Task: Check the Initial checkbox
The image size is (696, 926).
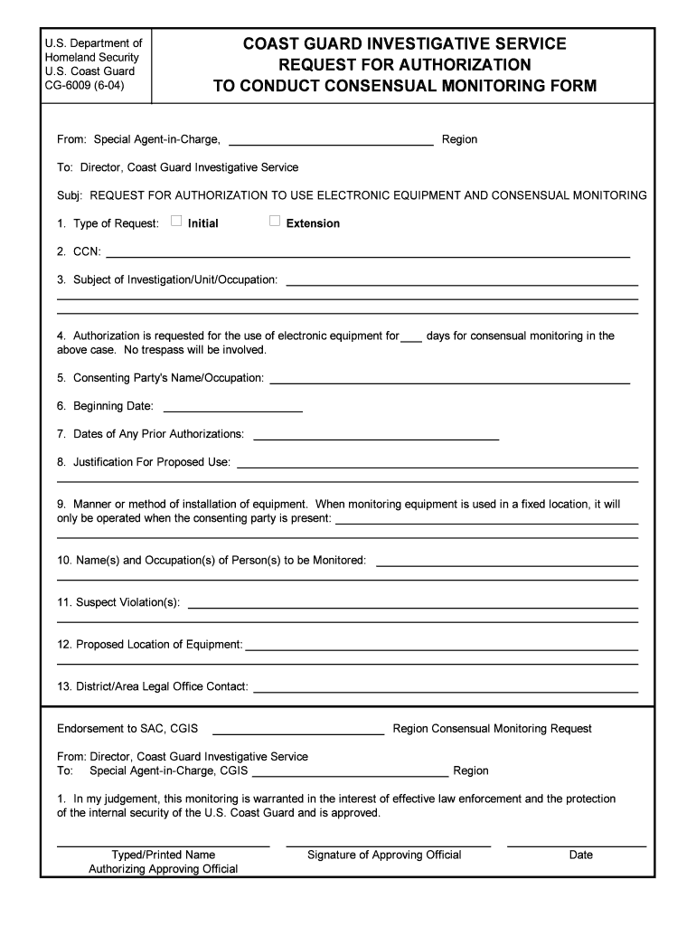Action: (x=176, y=222)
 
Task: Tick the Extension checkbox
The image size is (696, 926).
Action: (x=275, y=222)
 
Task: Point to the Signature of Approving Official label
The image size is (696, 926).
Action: (x=384, y=855)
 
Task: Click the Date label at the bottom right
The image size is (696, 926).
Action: (x=580, y=855)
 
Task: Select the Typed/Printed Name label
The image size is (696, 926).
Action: (x=163, y=855)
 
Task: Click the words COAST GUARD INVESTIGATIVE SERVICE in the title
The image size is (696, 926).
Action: (x=404, y=43)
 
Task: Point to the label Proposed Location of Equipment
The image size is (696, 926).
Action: (x=150, y=645)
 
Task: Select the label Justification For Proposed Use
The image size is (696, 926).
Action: (x=144, y=462)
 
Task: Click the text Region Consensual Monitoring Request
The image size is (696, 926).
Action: (x=492, y=728)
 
